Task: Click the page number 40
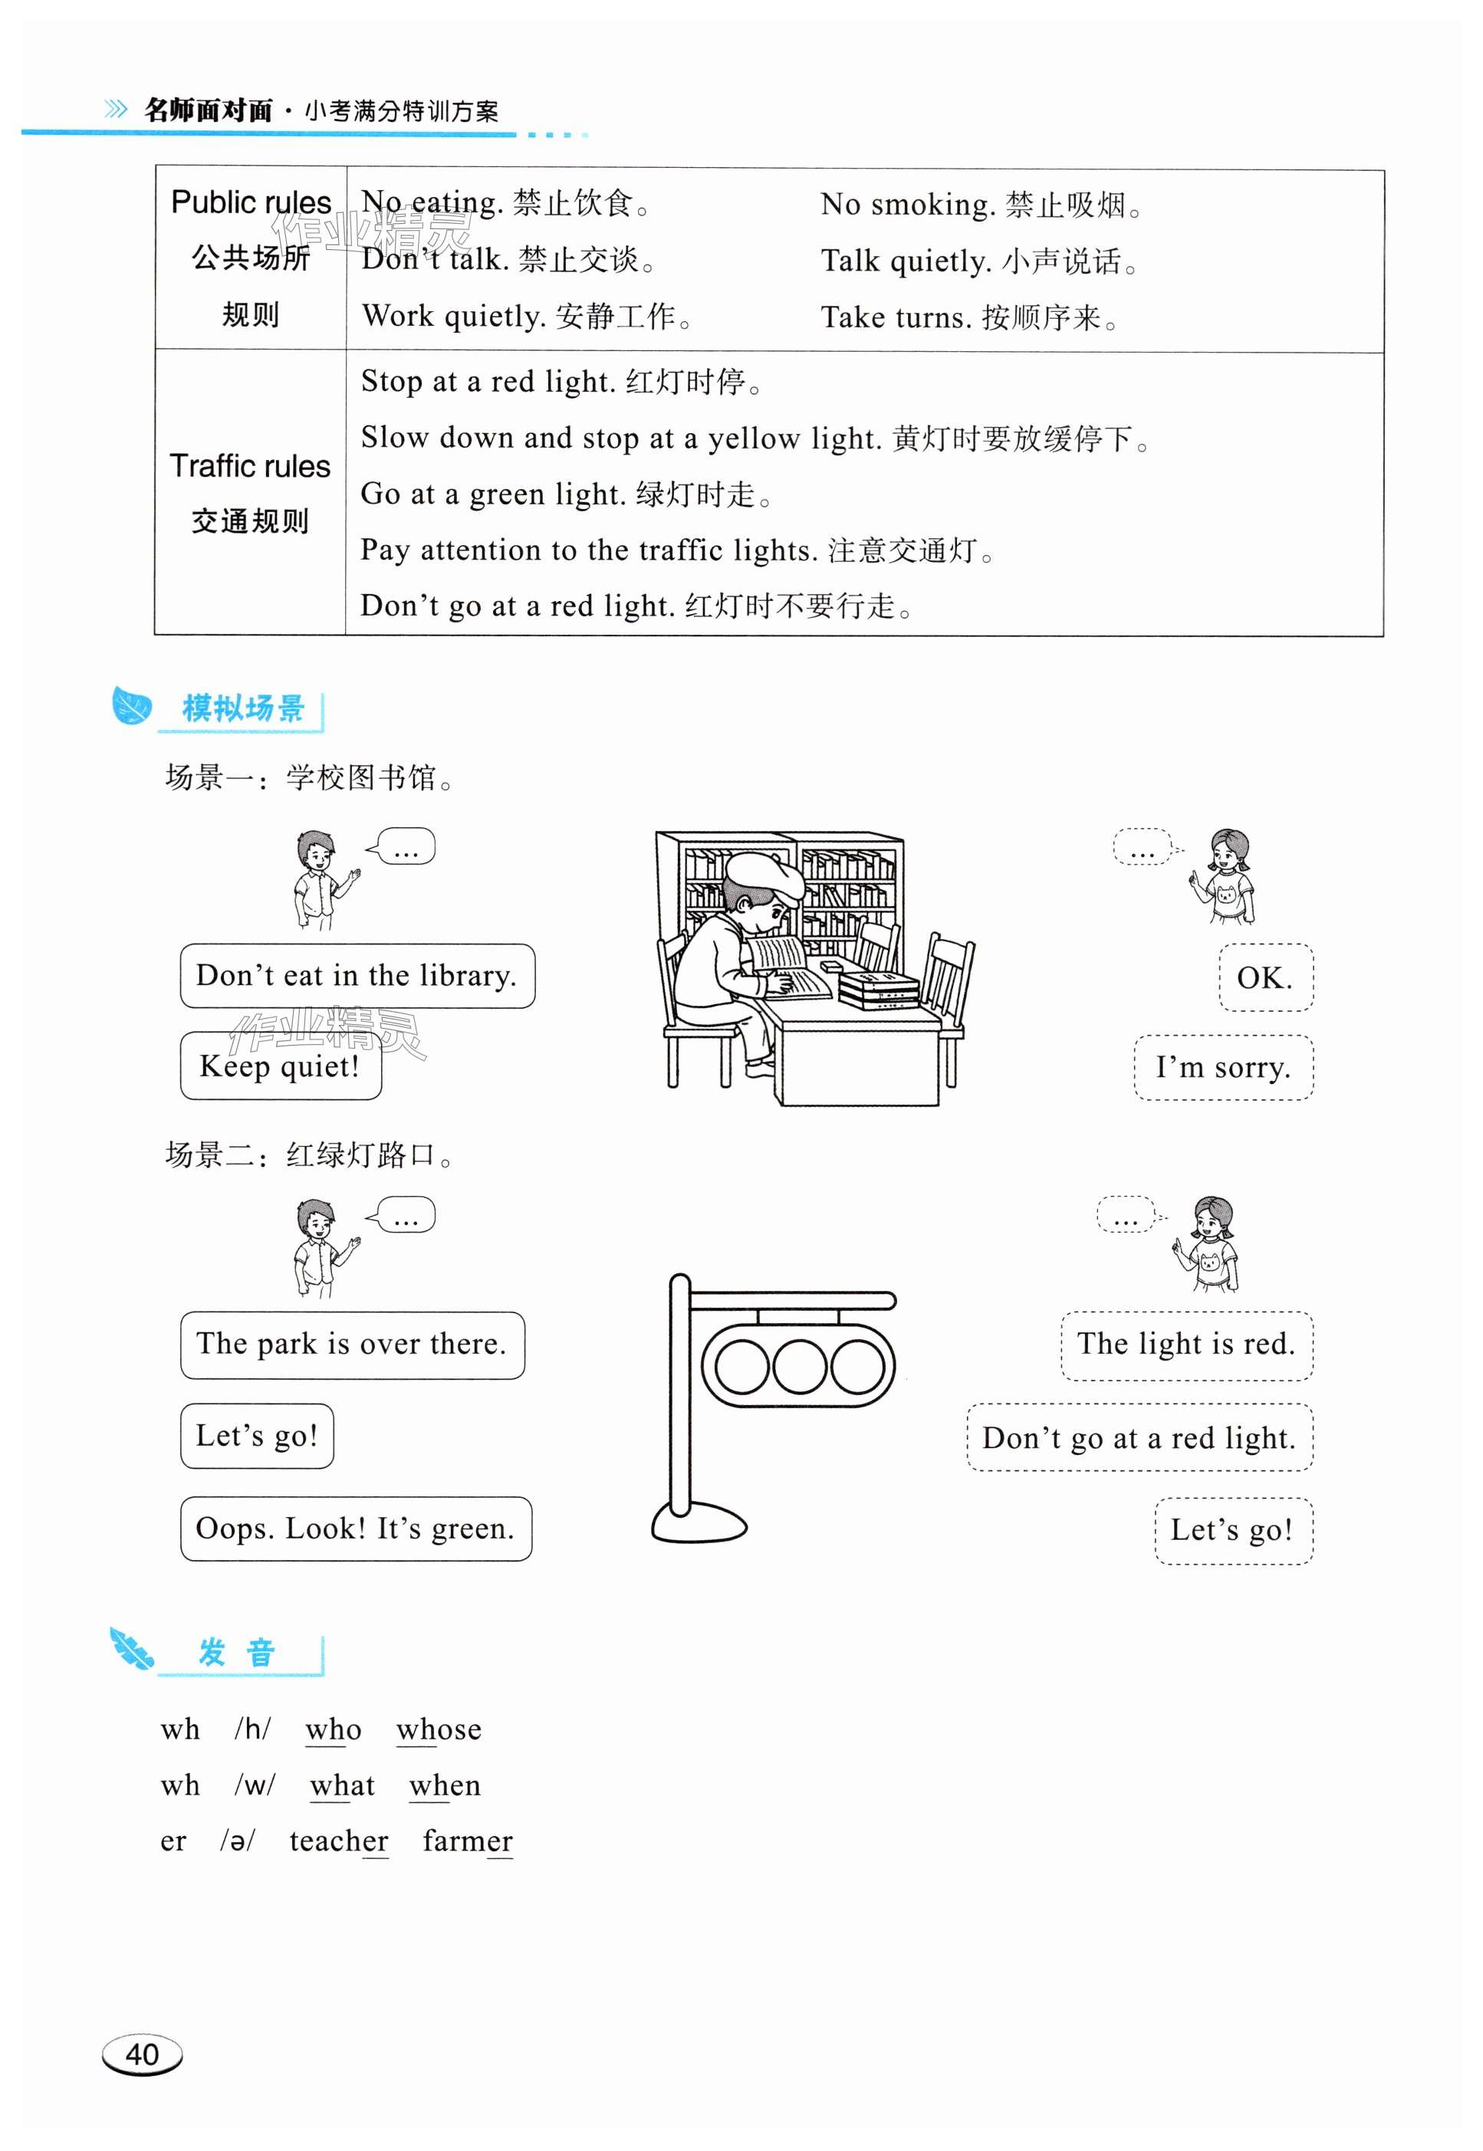142,2054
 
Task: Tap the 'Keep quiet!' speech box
280,1066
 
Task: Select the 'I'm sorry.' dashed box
1223,1067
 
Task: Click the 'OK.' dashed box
1264,977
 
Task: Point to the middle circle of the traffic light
798,1366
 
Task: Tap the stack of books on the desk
878,989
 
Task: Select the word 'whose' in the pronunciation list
439,1729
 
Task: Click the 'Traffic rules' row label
250,466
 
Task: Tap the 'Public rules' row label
251,202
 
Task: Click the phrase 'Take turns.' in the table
896,317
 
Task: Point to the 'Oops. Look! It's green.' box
355,1529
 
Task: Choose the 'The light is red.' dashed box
1185,1344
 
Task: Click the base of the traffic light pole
699,1524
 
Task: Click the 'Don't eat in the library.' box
357,976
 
